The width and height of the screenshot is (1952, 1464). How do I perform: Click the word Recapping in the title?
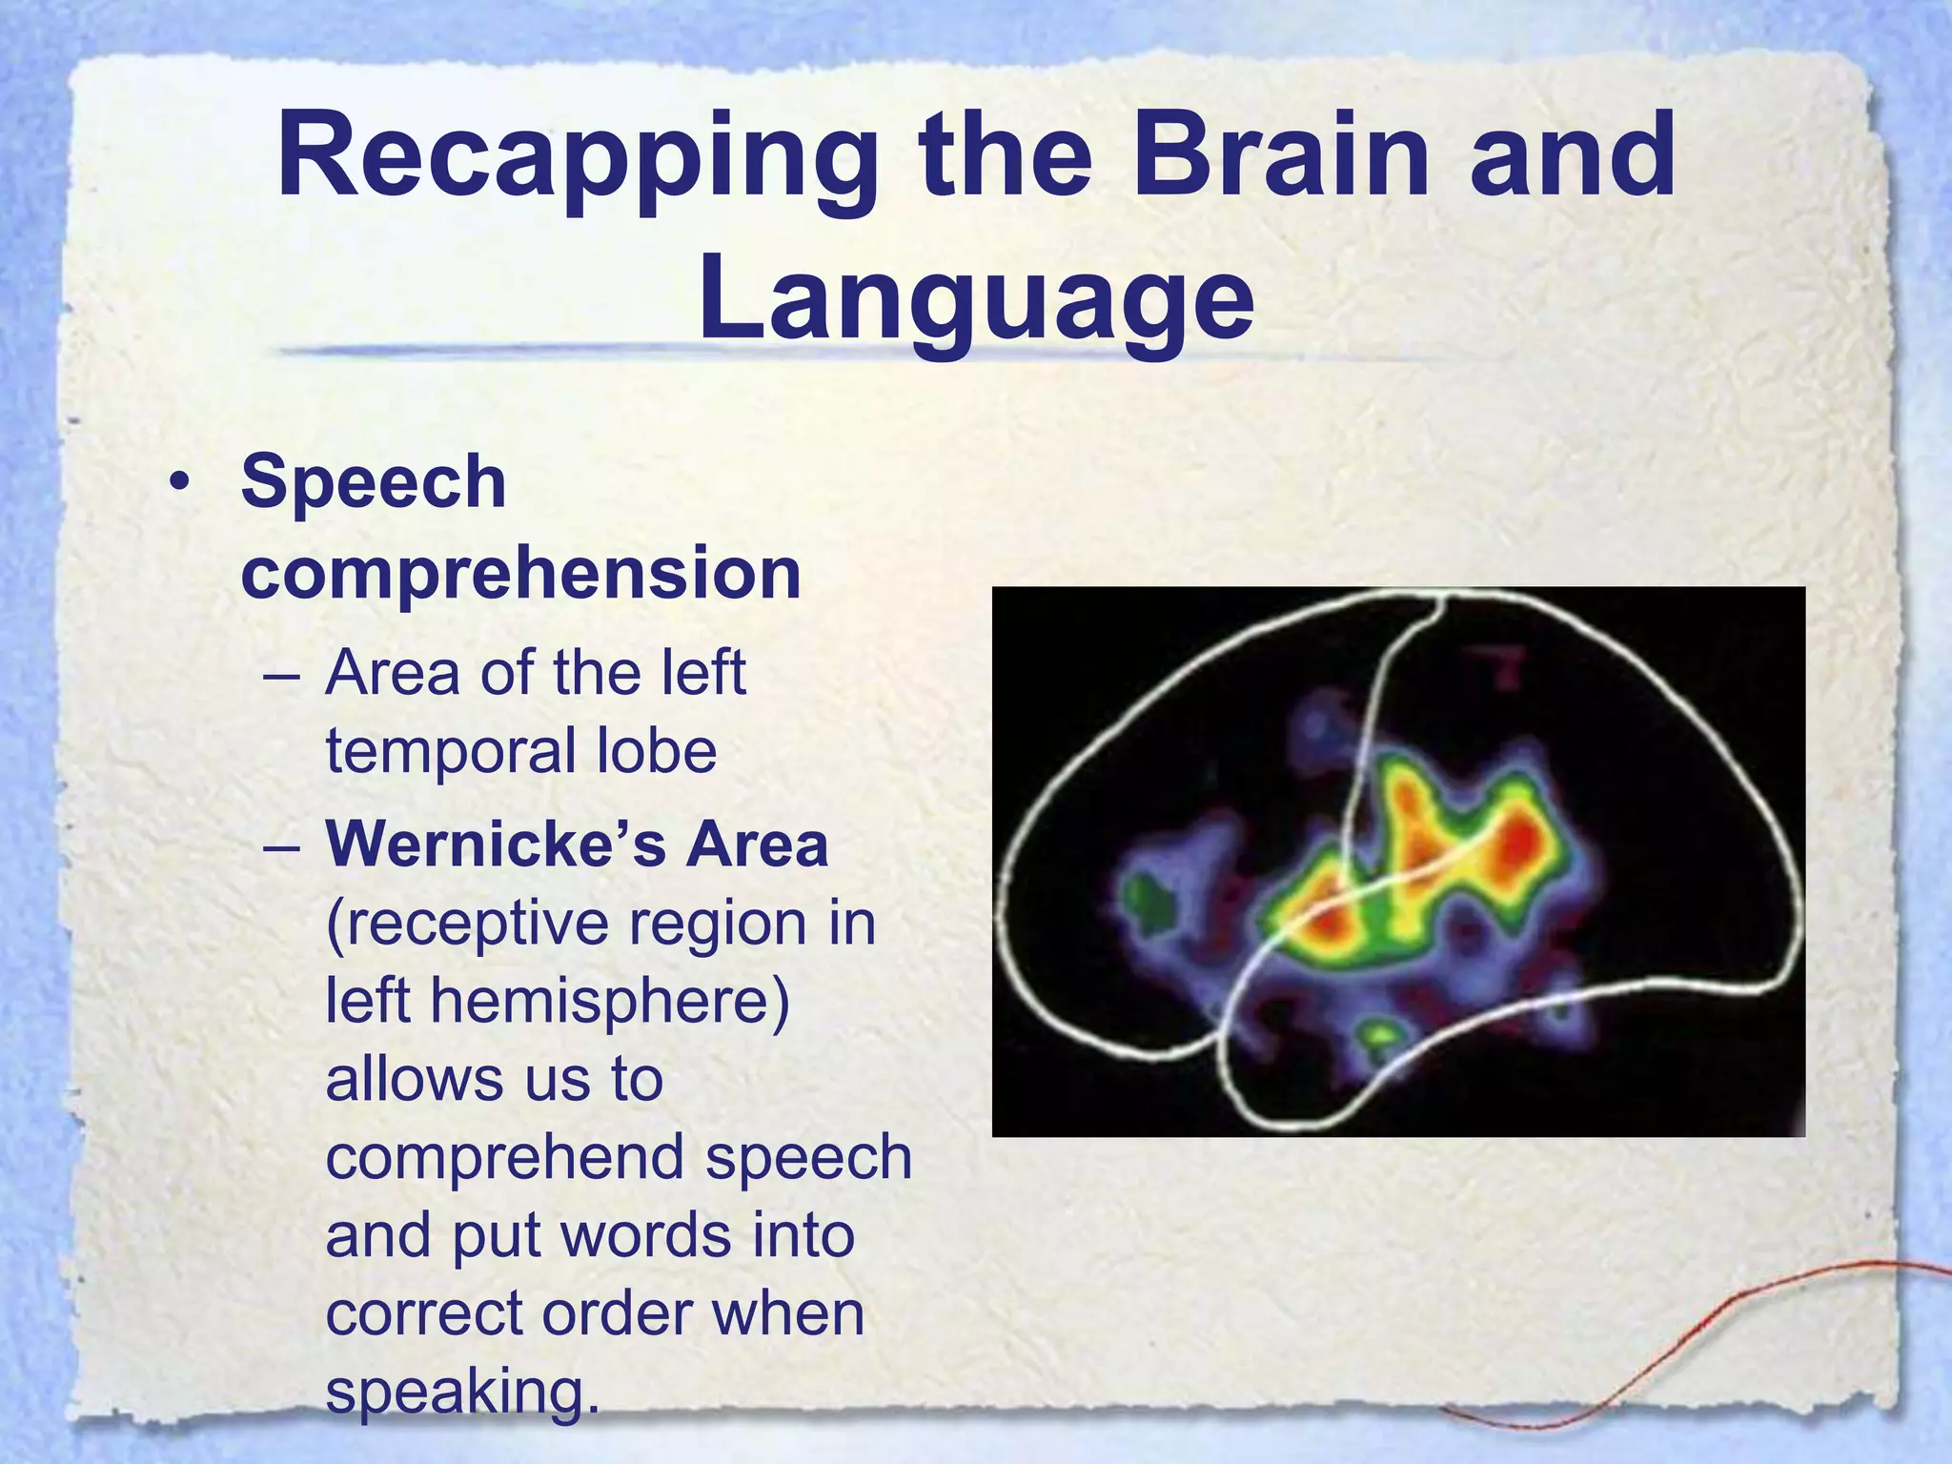[x=577, y=157]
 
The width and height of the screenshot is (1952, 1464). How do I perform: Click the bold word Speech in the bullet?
[x=374, y=482]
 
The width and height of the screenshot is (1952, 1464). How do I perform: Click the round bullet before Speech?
[x=178, y=484]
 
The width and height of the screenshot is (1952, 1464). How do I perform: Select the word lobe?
[x=656, y=751]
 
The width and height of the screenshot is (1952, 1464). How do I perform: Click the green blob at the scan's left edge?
[x=1147, y=895]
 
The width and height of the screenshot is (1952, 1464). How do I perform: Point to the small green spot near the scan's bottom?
[x=1378, y=1032]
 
